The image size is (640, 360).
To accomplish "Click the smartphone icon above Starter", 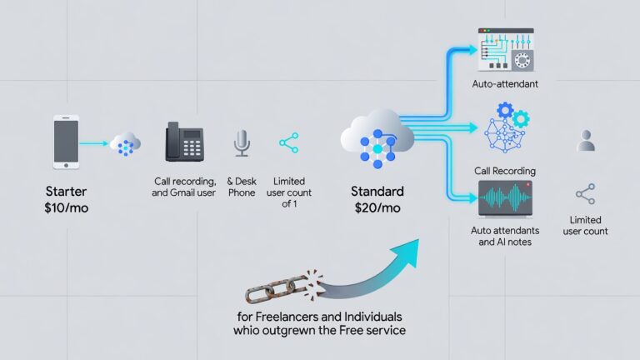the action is click(x=66, y=142).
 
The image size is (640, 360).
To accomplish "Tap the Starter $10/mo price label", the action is click(x=66, y=200).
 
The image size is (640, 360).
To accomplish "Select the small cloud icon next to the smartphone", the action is click(x=125, y=144).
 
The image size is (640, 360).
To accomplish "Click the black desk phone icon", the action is click(x=184, y=142).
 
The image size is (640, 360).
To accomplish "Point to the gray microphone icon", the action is click(x=242, y=143).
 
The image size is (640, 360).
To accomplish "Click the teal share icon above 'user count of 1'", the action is click(x=289, y=142).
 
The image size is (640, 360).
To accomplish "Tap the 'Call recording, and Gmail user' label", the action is click(x=183, y=187).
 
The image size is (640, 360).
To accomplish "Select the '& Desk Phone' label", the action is click(x=242, y=187).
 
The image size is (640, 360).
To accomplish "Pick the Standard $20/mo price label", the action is click(x=377, y=200).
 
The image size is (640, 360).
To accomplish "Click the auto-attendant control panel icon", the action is click(x=506, y=50).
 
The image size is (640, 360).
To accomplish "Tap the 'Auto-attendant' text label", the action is click(x=505, y=84).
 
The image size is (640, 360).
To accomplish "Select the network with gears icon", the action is click(x=507, y=127).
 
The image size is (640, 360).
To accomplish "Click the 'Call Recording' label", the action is click(x=505, y=171).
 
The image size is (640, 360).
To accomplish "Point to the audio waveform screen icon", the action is click(x=505, y=198).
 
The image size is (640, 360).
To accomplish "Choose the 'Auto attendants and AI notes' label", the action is click(x=505, y=237).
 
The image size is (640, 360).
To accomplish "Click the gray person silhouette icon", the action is click(x=586, y=140).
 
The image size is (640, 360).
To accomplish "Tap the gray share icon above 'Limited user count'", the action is click(x=585, y=194).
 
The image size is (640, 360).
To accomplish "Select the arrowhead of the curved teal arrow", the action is click(x=406, y=252).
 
